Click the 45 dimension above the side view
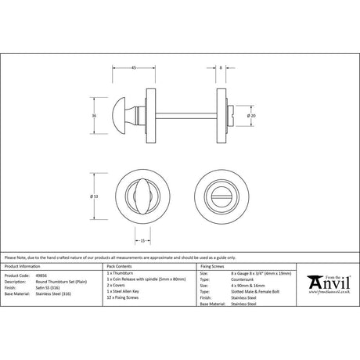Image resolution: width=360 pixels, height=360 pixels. coord(134,68)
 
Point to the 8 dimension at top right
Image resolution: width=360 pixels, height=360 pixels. coord(221,68)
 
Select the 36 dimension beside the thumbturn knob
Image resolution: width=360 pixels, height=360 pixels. coord(95,114)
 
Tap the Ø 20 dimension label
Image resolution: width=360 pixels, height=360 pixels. coord(250,115)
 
